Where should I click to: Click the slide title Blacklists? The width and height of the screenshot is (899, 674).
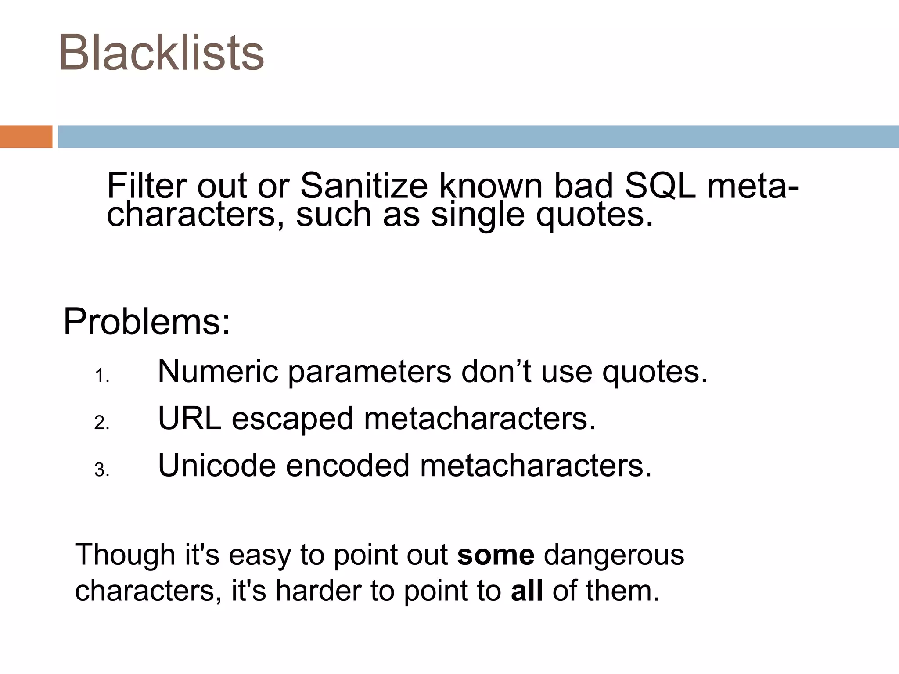tap(162, 53)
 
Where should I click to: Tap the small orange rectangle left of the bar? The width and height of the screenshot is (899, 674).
tap(26, 137)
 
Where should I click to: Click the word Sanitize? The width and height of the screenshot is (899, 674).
tap(363, 186)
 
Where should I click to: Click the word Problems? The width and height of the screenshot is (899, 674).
tap(147, 323)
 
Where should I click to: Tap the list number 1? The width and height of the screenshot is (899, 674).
tap(101, 376)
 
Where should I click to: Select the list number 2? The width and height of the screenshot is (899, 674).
tap(101, 423)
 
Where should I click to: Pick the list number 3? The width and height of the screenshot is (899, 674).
tap(101, 470)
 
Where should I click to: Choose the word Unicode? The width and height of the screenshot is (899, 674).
tap(217, 465)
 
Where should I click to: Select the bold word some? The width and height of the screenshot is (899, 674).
tap(496, 555)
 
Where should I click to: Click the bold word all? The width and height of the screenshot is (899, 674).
tap(526, 591)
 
